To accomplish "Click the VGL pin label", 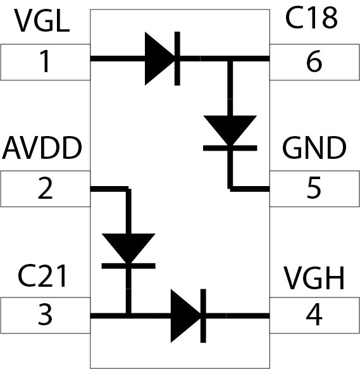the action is pyautogui.click(x=42, y=21).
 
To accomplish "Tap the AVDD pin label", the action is pyautogui.click(x=42, y=147).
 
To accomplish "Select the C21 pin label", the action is pyautogui.click(x=42, y=275).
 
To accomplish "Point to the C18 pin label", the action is pyautogui.click(x=311, y=18).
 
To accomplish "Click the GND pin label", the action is pyautogui.click(x=314, y=147).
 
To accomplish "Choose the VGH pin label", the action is pyautogui.click(x=314, y=278).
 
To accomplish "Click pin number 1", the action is pyautogui.click(x=44, y=61).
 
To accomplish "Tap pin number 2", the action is pyautogui.click(x=45, y=188).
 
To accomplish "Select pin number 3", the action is pyautogui.click(x=45, y=315).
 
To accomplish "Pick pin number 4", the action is pyautogui.click(x=314, y=315).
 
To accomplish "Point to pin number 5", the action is pyautogui.click(x=314, y=188).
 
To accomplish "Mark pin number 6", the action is pyautogui.click(x=314, y=61).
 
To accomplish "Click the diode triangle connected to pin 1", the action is pyautogui.click(x=160, y=58).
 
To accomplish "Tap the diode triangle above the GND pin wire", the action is pyautogui.click(x=230, y=130).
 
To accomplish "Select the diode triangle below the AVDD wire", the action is pyautogui.click(x=128, y=249).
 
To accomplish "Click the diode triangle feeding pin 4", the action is pyautogui.click(x=186, y=316).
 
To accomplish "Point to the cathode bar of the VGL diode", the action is pyautogui.click(x=177, y=58).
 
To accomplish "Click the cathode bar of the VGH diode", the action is pyautogui.click(x=203, y=316).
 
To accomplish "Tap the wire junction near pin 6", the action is pyautogui.click(x=230, y=59).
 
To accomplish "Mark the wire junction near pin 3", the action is pyautogui.click(x=128, y=316).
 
